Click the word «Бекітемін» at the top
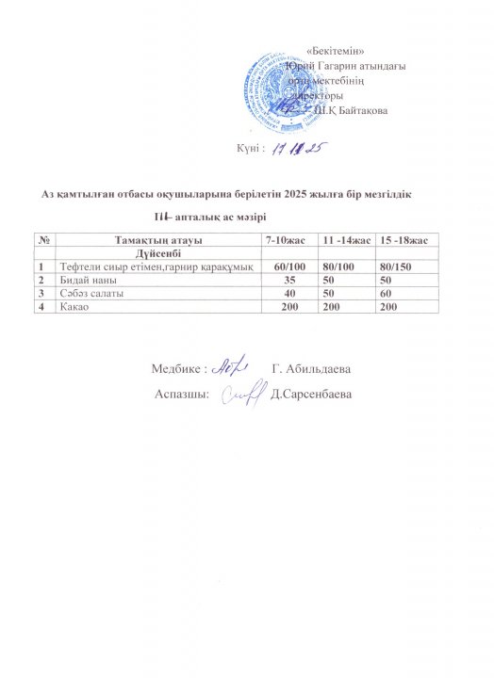(337, 50)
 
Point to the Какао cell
(75, 307)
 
